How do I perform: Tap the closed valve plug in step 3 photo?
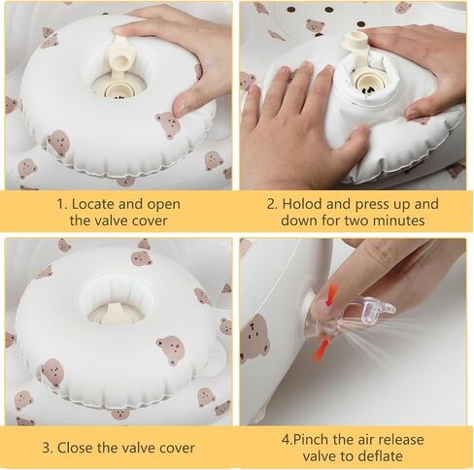[118, 312]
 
